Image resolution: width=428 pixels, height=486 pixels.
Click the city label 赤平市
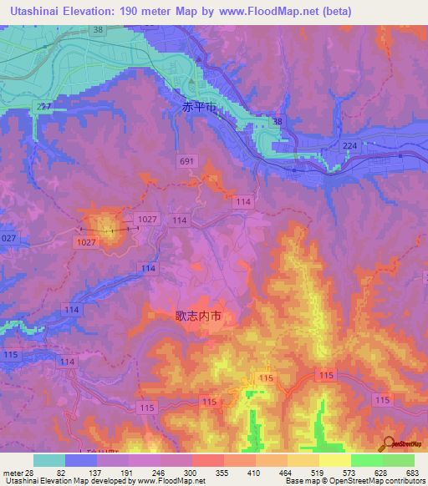(199, 108)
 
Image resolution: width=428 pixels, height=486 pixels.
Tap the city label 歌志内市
(197, 316)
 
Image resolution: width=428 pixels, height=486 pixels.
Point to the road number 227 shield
(44, 107)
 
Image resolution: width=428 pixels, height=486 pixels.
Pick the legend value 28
(32, 473)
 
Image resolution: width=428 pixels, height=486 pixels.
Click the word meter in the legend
(13, 473)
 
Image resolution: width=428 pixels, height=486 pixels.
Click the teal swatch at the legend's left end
(49, 460)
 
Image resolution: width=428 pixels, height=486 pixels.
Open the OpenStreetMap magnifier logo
(388, 443)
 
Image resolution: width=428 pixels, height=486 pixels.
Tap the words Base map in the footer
(299, 481)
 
